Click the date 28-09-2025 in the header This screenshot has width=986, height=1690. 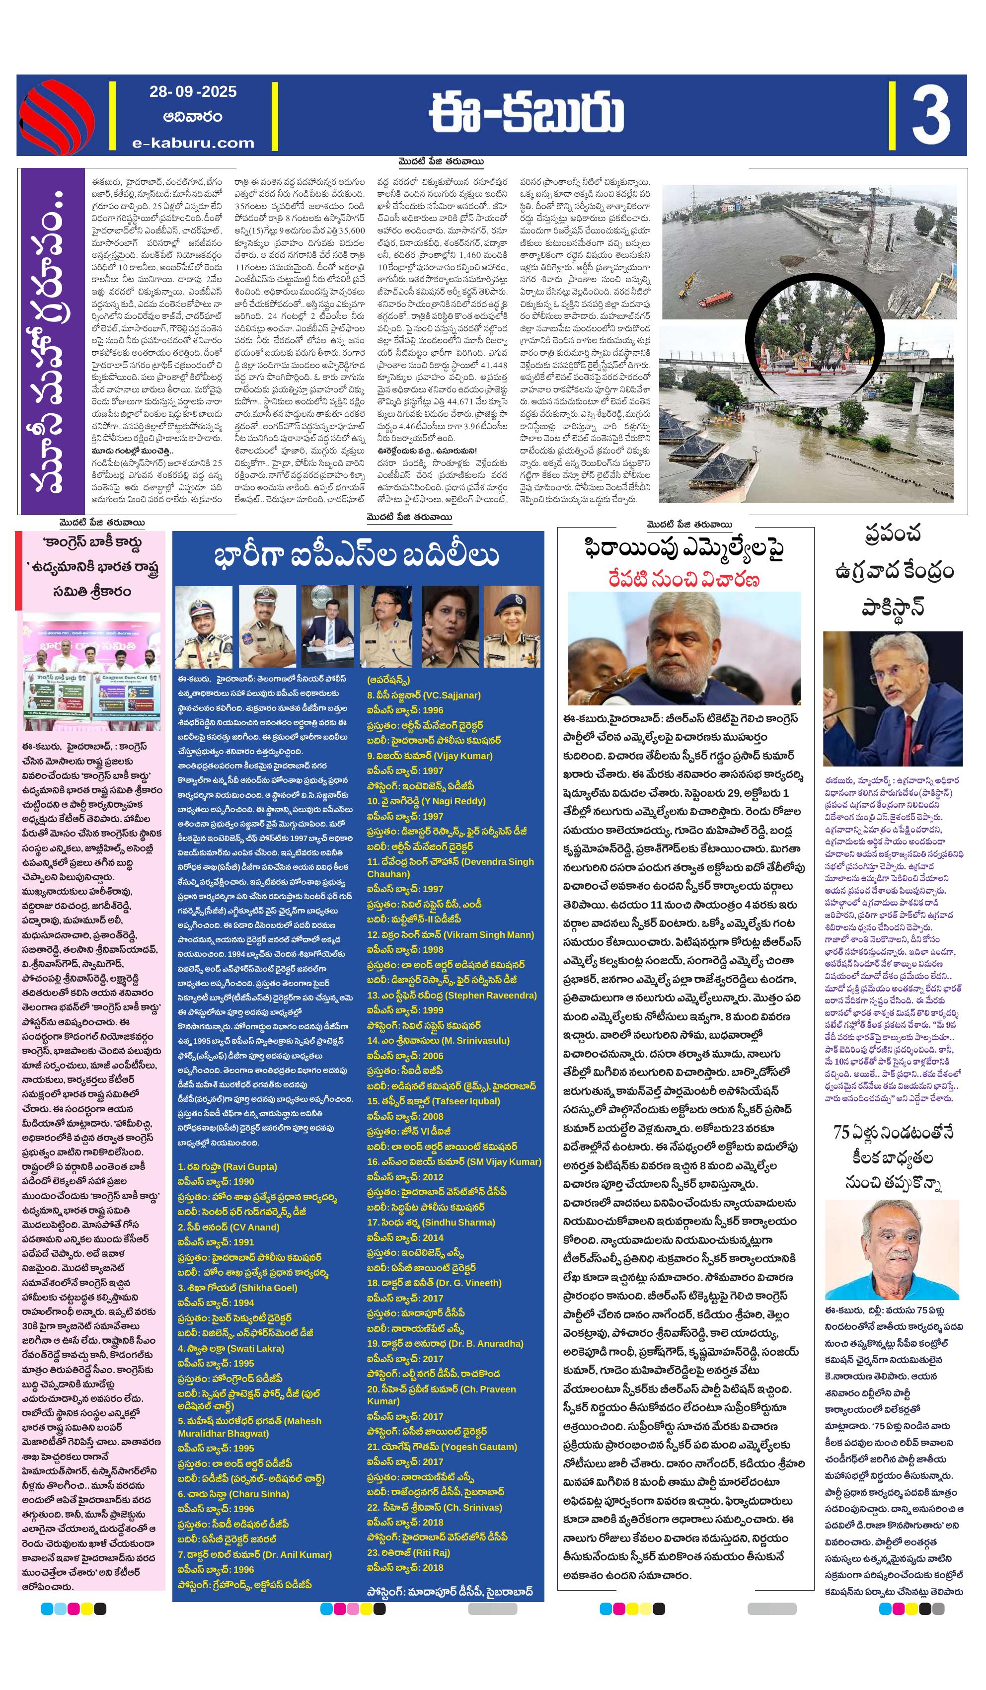pos(193,92)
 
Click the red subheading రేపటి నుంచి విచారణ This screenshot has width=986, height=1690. pos(684,578)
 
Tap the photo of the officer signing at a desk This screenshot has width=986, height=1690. pos(327,626)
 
